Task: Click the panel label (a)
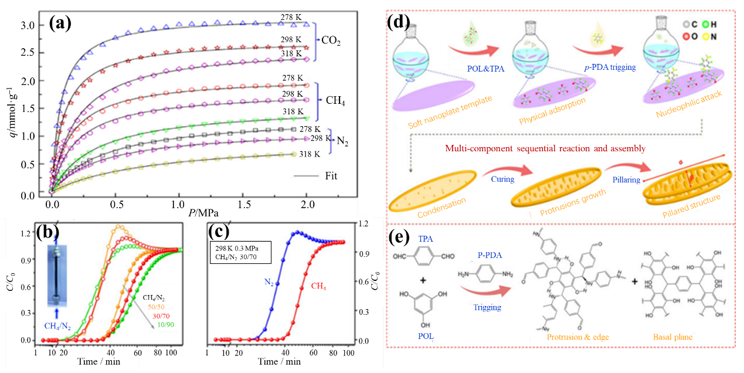point(60,24)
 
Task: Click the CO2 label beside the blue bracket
point(332,40)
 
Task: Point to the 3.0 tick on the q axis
point(29,25)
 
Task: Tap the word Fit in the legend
point(329,175)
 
